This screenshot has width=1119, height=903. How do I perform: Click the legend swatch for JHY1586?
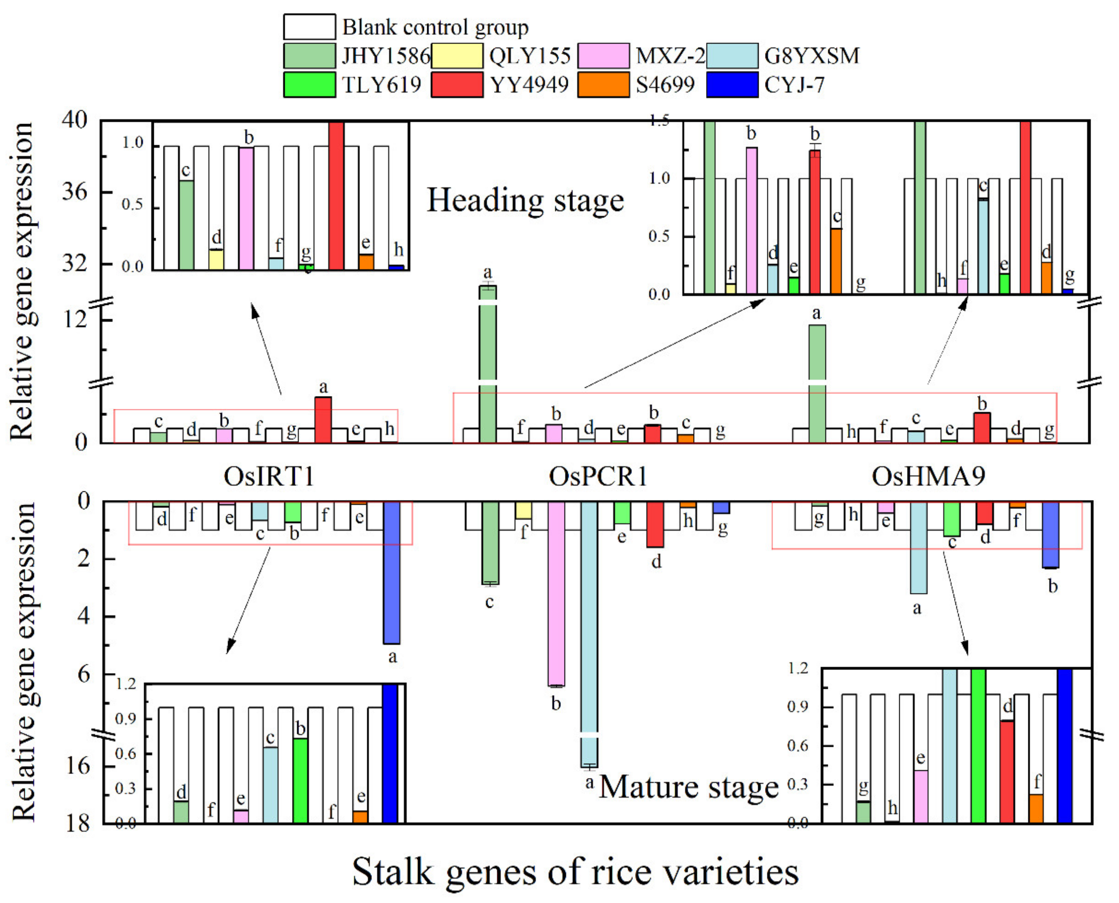pos(309,56)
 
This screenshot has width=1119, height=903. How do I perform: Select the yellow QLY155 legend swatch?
pos(456,56)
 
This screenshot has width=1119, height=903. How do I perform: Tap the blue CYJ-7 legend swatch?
pos(732,85)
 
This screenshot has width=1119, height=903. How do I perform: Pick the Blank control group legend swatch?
pos(309,27)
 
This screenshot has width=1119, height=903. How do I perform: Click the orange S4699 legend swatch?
pos(603,85)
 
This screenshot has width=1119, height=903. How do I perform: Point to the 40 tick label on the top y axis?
pos(74,120)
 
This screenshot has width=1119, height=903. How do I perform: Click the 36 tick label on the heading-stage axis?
pos(74,192)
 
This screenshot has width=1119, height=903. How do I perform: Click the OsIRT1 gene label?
pos(269,476)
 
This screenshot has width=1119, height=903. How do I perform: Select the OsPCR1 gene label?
pos(598,476)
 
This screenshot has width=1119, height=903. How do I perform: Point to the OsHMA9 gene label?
pos(928,476)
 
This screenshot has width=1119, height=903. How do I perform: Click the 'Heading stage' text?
pos(525,201)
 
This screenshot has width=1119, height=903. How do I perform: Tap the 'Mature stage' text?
pos(689,788)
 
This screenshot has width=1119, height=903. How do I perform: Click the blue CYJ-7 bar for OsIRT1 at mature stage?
pos(391,572)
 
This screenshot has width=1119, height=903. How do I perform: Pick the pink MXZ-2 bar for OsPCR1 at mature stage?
pos(556,593)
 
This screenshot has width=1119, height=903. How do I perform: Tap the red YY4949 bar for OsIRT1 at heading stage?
pos(323,420)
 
